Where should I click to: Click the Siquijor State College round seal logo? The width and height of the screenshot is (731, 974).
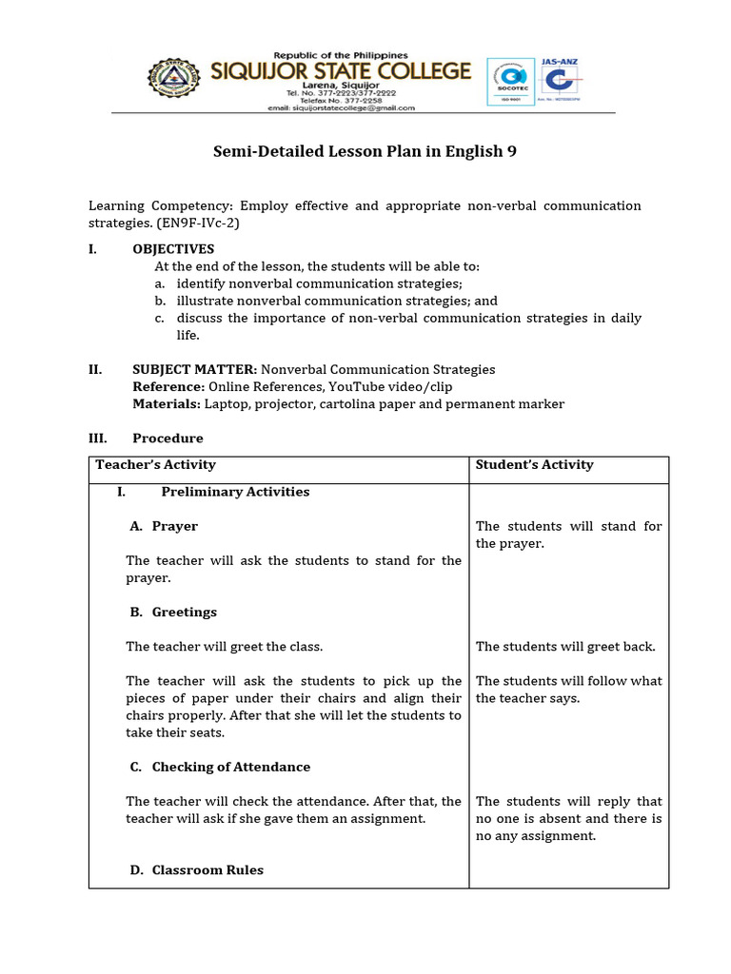(x=182, y=83)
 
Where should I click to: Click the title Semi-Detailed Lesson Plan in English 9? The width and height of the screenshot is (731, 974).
(x=365, y=152)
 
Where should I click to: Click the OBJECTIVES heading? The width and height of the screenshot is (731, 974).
(x=173, y=249)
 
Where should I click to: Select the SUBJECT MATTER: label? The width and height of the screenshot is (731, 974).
(x=194, y=369)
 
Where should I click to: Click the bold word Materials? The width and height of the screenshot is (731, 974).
(x=167, y=403)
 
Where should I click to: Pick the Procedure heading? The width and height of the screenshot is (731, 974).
(x=168, y=438)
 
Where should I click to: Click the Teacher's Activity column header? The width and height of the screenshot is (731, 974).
(x=156, y=465)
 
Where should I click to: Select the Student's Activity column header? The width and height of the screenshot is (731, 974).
(x=534, y=465)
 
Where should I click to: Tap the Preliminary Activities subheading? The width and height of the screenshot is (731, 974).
(x=235, y=492)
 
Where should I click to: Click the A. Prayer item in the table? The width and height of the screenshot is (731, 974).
(x=164, y=526)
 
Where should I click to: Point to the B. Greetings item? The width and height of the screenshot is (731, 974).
(x=173, y=612)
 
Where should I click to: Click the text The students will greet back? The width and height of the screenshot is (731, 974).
(x=565, y=647)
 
